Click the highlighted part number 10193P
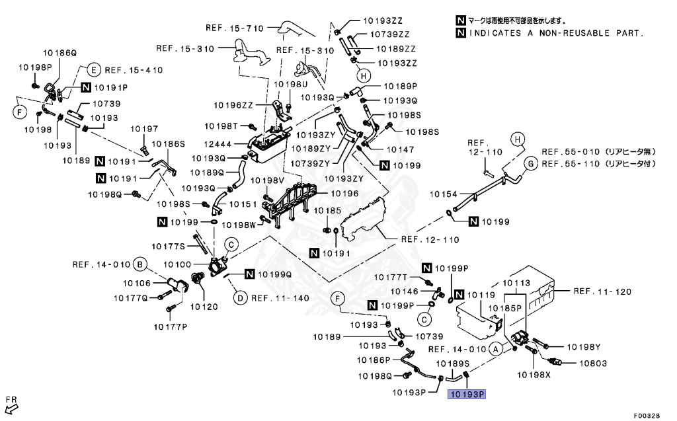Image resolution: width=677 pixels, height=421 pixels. point(467,395)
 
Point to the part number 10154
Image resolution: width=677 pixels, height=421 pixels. point(444,194)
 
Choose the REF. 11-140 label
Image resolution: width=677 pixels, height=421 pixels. point(280,298)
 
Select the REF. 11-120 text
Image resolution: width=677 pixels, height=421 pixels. point(602,291)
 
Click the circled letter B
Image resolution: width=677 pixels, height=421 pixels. point(139,265)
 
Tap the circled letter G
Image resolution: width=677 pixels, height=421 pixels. point(530,163)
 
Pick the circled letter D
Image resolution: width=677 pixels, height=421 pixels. point(241,298)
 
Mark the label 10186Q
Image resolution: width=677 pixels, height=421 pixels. point(60,52)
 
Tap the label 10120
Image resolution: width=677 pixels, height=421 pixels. point(204,307)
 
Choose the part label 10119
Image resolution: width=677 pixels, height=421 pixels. point(481,295)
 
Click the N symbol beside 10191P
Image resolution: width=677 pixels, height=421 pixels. point(87,87)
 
